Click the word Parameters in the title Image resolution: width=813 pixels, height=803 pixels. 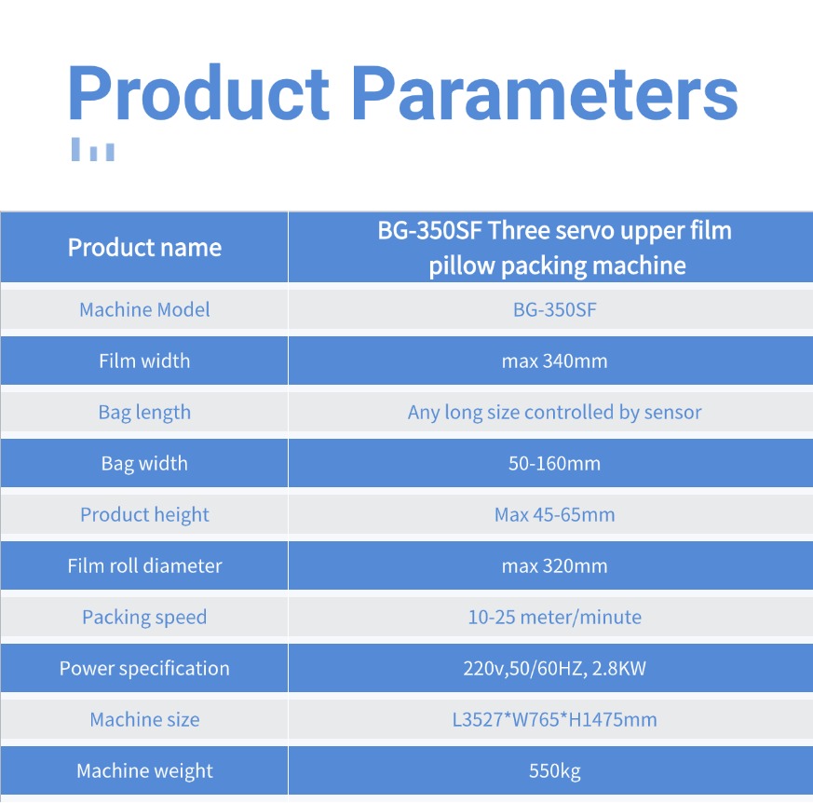(545, 94)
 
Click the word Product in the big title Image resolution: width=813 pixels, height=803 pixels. (198, 93)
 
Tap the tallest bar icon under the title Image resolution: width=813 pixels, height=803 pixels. (75, 149)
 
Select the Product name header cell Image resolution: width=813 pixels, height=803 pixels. (144, 248)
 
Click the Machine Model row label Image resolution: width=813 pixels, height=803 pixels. (144, 309)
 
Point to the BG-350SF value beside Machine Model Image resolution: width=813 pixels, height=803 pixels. (554, 309)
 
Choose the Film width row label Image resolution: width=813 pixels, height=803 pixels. (144, 361)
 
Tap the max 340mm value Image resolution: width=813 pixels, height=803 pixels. (554, 361)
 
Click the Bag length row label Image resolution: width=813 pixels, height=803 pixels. (144, 413)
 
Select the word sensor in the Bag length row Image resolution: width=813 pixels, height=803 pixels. (672, 413)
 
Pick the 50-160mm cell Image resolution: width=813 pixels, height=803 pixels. (554, 463)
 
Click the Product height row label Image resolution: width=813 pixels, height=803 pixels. (144, 514)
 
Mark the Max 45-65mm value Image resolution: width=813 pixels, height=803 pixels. (554, 514)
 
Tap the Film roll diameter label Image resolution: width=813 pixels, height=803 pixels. (144, 565)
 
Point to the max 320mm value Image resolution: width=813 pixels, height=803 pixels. (554, 565)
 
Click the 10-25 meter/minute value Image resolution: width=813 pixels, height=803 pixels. (554, 617)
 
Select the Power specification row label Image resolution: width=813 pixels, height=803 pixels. (144, 668)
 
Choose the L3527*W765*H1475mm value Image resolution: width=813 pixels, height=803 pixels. (554, 719)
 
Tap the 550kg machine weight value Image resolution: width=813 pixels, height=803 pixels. (554, 770)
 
